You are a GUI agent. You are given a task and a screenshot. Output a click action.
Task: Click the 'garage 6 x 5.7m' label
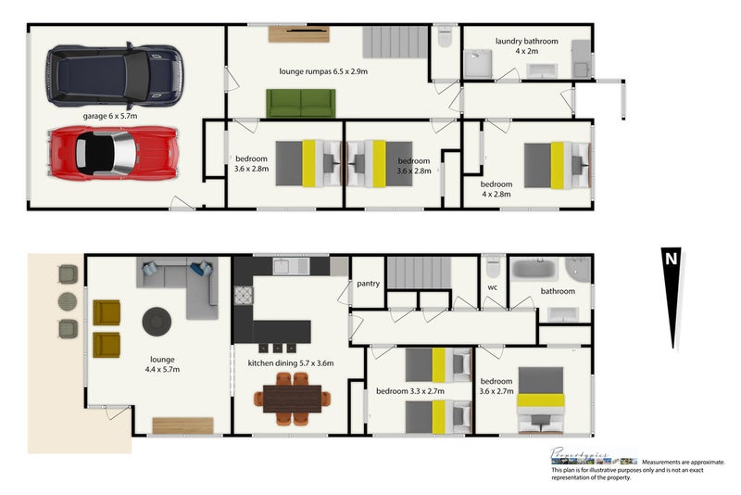pos(110,117)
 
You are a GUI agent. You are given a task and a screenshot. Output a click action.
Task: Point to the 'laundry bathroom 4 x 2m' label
pos(526,45)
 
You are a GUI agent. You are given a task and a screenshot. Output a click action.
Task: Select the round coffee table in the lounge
pos(157,322)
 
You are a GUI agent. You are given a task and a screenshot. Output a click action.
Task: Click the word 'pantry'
pos(368,284)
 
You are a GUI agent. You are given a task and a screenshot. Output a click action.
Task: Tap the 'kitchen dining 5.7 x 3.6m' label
pos(290,363)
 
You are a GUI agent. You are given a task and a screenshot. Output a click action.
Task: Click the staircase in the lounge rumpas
pos(394,42)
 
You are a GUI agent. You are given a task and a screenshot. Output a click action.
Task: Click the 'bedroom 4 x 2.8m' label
pos(496,189)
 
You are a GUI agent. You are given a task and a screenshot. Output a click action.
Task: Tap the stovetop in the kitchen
pos(243,296)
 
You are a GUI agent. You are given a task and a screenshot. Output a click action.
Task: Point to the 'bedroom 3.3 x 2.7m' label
pos(409,391)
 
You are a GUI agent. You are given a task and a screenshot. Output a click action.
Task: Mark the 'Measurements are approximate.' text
pos(684,461)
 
